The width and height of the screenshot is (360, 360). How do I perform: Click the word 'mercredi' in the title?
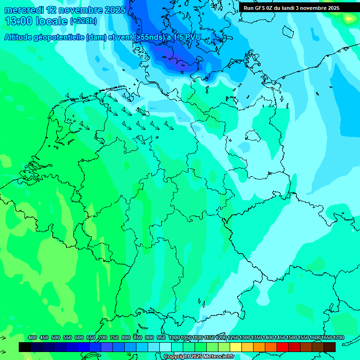23,10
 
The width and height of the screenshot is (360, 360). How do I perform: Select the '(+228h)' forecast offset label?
83,21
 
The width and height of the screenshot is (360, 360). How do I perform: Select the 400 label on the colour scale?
32,337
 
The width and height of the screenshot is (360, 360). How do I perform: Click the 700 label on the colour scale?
103,337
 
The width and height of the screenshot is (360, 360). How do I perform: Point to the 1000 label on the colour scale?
174,337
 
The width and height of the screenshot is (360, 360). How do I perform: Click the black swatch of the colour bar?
25,347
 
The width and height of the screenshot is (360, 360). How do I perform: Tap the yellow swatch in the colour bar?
235,347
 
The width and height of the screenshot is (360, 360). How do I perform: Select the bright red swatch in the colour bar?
282,347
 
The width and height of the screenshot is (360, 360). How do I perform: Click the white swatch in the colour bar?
165,347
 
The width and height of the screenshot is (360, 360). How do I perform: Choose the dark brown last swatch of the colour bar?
329,347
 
